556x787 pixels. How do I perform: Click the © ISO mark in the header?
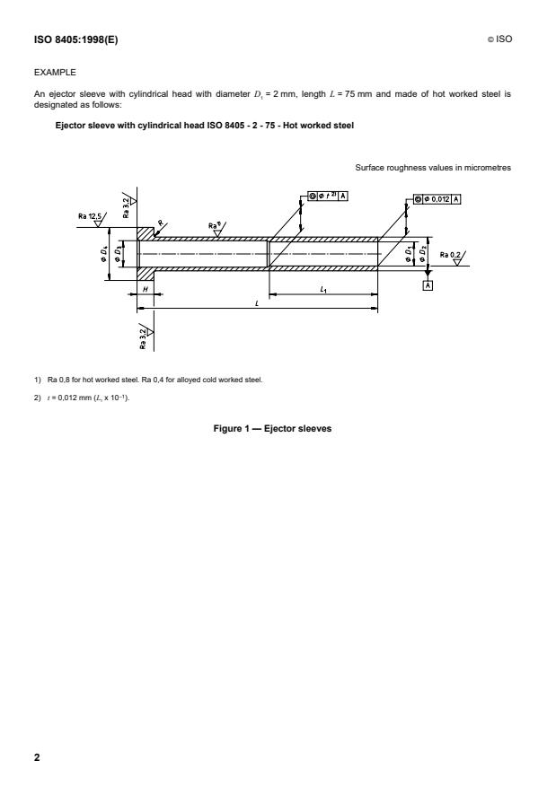coord(499,40)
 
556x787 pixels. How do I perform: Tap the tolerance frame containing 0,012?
coord(437,199)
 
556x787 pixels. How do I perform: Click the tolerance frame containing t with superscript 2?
coord(327,197)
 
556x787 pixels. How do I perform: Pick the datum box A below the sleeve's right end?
coord(428,284)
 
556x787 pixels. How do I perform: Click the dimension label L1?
coord(322,289)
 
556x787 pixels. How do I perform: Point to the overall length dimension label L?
coord(257,304)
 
